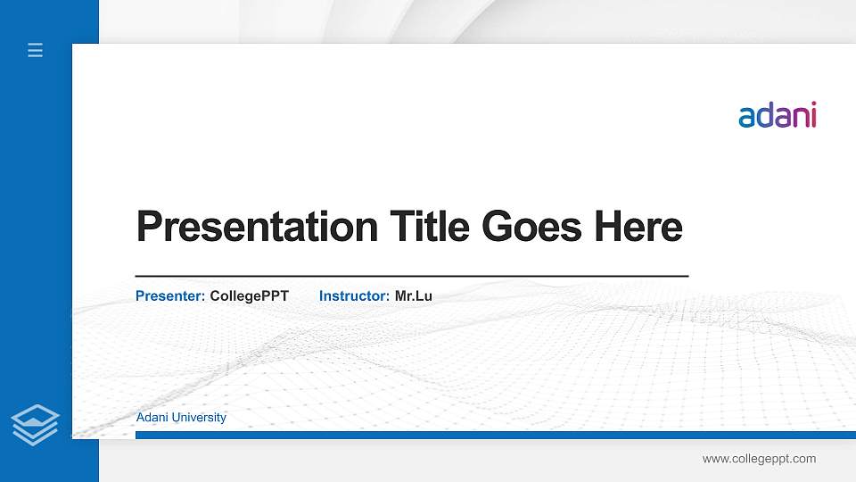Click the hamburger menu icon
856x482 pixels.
[36, 51]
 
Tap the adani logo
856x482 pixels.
[778, 116]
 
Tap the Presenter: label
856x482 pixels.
[170, 295]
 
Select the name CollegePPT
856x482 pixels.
[250, 295]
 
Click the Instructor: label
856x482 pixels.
[354, 295]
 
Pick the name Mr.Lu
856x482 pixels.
[414, 295]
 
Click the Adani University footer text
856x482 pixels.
[181, 418]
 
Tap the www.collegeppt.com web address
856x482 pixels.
[759, 459]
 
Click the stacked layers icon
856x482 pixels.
[36, 423]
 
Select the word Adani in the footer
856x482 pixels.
[152, 418]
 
